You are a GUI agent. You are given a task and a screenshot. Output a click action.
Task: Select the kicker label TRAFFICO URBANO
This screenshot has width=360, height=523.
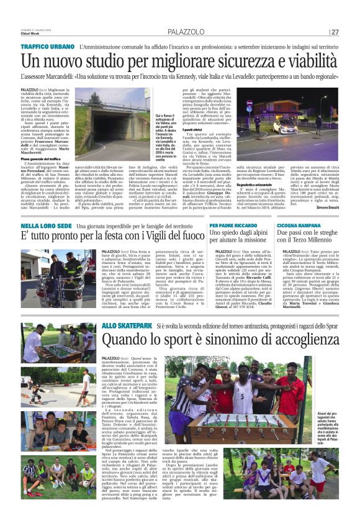click(45, 47)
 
